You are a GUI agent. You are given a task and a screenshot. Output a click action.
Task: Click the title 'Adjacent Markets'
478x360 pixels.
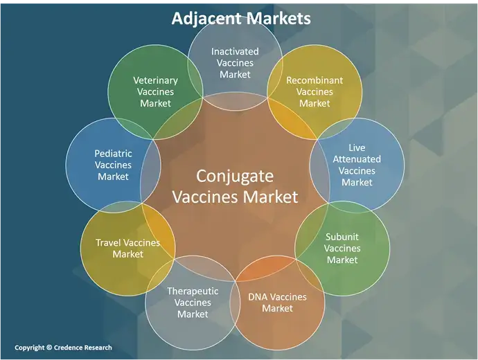241,19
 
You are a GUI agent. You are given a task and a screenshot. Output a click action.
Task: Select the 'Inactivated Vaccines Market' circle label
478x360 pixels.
235,63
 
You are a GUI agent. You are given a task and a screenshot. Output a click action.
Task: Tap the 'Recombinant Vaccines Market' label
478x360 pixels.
315,92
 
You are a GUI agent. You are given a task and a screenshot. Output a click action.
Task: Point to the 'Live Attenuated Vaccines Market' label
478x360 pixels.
357,165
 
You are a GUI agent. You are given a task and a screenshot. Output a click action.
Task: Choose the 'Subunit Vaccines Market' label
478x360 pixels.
342,248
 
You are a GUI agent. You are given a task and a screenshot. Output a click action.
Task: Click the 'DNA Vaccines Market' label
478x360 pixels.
277,303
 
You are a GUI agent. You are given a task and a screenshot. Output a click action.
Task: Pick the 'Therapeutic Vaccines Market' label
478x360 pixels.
193,303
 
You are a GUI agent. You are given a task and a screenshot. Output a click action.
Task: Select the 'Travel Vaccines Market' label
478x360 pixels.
128,249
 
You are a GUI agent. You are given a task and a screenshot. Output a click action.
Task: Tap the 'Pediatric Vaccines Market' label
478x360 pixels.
113,165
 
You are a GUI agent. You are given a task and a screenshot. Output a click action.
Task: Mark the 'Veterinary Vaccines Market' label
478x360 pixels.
155,92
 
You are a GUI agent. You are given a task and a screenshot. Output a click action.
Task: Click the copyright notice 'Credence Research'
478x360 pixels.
63,348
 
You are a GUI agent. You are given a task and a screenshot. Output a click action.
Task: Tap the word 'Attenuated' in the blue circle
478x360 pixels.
357,159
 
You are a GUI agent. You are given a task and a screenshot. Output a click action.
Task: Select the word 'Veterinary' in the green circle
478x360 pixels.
155,80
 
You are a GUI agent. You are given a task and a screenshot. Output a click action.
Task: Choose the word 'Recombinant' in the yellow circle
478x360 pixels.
315,80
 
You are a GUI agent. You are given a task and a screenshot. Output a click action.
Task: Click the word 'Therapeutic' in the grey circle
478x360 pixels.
193,291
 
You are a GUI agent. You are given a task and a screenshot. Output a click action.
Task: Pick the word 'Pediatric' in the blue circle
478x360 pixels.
113,153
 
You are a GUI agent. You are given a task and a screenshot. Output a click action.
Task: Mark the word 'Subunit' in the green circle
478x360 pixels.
342,236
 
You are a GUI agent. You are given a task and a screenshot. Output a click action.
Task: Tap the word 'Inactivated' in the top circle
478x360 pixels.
235,51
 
